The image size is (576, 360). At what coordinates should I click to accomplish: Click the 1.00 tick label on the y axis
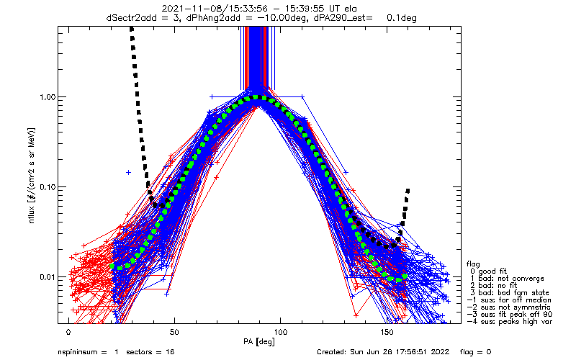44,96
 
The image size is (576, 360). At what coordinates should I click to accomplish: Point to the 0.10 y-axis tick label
44,186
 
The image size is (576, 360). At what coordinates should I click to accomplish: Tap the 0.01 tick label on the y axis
44,276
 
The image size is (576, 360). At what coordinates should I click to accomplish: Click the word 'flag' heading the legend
473,264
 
